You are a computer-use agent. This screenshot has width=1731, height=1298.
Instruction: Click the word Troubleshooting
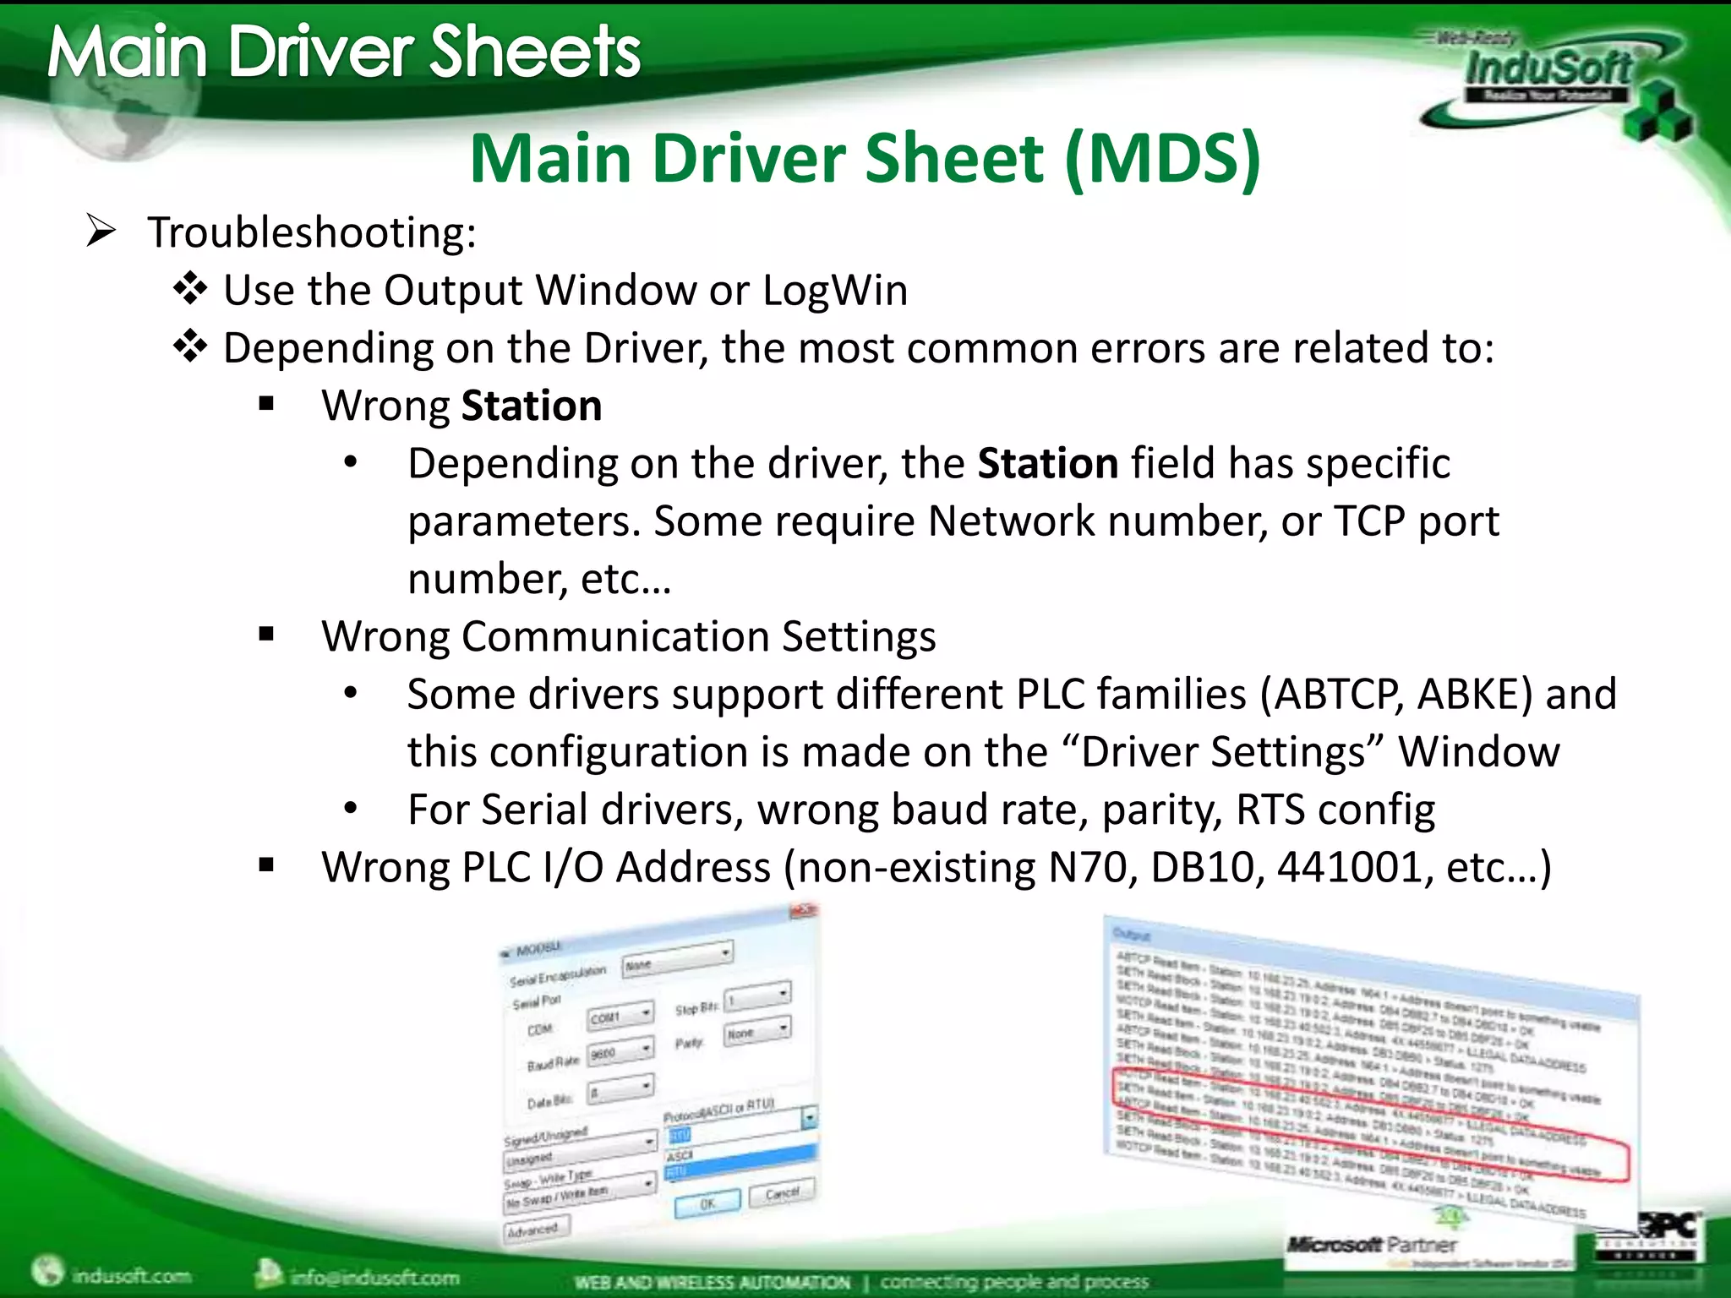pos(311,232)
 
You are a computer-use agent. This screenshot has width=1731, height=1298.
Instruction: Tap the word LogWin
pos(835,291)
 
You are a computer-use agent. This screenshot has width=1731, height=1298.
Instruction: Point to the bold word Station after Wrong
pos(531,406)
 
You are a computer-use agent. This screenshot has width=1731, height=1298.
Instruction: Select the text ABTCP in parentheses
pos(1336,695)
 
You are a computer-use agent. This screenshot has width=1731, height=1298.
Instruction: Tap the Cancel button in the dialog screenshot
pos(782,1192)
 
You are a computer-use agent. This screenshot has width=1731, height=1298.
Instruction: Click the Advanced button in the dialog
pos(536,1228)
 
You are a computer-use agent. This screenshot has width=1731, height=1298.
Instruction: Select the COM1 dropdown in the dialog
pos(620,1017)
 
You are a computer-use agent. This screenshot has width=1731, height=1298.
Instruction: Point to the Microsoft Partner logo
pos(1371,1244)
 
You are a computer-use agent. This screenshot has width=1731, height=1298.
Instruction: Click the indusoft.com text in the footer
pos(130,1274)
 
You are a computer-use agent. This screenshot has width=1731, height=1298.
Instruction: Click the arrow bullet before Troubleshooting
pos(101,232)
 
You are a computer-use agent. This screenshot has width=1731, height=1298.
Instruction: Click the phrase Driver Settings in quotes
pos(1223,752)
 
